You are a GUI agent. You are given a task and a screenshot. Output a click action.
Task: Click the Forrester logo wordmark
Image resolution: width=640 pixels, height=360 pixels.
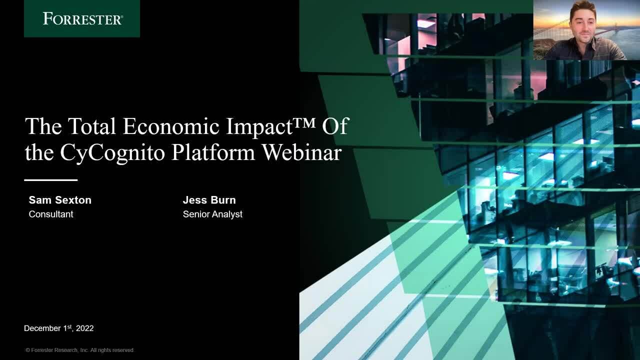coord(83,18)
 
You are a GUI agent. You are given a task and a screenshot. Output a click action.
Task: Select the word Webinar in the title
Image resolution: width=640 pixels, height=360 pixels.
coord(302,152)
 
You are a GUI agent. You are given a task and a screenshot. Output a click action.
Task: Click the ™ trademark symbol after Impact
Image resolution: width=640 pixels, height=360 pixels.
coord(304,122)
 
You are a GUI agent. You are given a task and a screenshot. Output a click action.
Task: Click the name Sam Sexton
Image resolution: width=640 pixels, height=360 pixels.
coord(60,200)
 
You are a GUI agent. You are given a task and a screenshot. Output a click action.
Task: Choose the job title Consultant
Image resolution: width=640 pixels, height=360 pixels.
coord(51,214)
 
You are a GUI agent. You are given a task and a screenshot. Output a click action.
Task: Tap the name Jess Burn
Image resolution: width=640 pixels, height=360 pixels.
coord(209,200)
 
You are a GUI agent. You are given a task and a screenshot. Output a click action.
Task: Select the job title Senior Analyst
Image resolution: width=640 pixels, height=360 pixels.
coord(212,214)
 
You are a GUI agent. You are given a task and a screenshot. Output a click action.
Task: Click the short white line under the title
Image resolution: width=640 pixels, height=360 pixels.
coord(51,180)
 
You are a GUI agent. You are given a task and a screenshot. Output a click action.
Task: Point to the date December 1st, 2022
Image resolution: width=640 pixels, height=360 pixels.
coord(59,328)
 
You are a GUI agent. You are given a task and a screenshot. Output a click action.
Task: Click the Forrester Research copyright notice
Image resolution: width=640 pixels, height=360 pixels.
coord(80,350)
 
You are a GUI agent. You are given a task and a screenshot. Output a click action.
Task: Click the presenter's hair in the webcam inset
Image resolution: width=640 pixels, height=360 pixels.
coord(583,8)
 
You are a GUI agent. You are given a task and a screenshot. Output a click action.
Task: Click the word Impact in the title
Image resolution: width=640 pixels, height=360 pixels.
coord(259,127)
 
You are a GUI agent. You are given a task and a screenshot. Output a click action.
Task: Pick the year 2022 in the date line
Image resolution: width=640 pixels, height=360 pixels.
coord(85,328)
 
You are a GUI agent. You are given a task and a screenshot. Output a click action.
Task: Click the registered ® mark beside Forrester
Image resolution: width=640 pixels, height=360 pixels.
coord(122,16)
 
